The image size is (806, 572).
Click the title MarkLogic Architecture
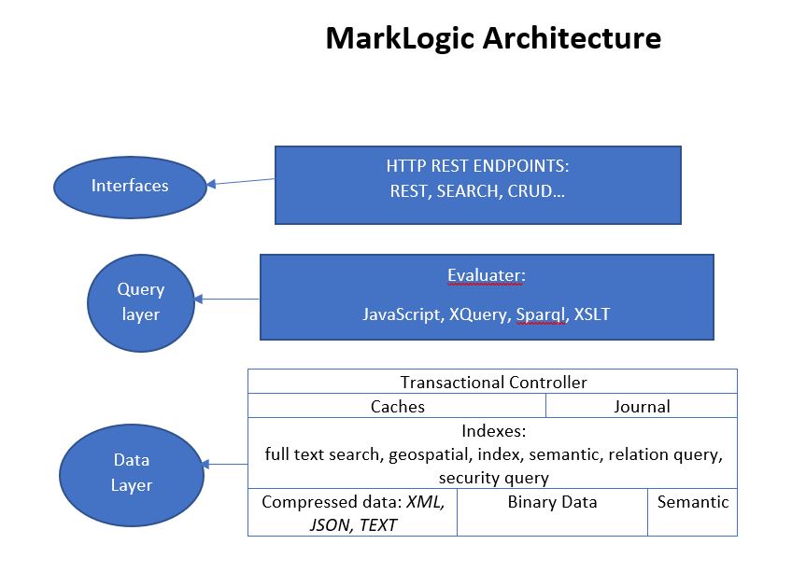(x=492, y=38)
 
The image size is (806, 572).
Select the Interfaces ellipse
(x=130, y=186)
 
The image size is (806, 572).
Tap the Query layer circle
(x=139, y=302)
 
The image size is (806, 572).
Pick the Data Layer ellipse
(x=131, y=472)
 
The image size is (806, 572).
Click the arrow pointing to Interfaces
(x=240, y=182)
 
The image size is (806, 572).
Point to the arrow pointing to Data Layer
(x=225, y=464)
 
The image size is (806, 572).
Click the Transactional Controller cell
(x=493, y=383)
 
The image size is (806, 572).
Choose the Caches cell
(x=397, y=406)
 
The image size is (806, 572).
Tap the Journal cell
(x=642, y=406)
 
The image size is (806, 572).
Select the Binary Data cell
(x=552, y=502)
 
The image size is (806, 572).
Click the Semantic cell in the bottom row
(x=692, y=502)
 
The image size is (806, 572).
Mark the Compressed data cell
(x=352, y=513)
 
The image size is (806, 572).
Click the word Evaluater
(x=486, y=276)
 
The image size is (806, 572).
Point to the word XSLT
(x=591, y=314)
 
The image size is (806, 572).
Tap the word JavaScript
(x=403, y=314)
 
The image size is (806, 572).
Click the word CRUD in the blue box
(x=530, y=191)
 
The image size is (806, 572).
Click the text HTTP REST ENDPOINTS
(x=477, y=167)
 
